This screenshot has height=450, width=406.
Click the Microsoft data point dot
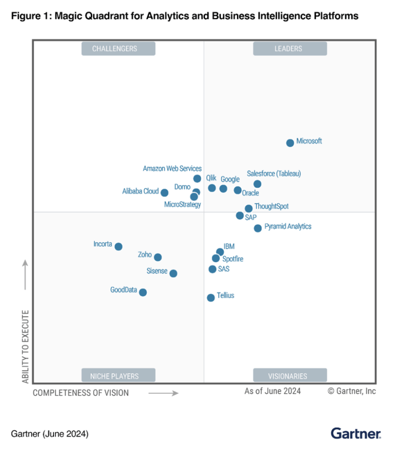pyautogui.click(x=290, y=143)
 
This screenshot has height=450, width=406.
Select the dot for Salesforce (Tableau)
pyautogui.click(x=257, y=184)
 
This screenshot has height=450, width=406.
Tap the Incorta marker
pyautogui.click(x=118, y=247)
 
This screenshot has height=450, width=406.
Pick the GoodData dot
pyautogui.click(x=143, y=292)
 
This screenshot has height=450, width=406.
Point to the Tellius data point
pyautogui.click(x=210, y=297)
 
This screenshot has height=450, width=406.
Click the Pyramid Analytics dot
pyautogui.click(x=258, y=228)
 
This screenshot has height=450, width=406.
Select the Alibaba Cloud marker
pyautogui.click(x=165, y=193)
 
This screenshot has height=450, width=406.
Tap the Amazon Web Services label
pyautogui.click(x=172, y=169)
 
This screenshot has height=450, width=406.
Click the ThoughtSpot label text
pyautogui.click(x=272, y=207)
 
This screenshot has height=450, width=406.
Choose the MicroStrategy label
pyautogui.click(x=183, y=204)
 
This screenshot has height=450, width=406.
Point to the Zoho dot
pyautogui.click(x=157, y=257)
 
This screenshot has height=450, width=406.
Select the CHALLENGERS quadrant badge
pyautogui.click(x=118, y=49)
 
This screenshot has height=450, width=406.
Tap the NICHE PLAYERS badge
pyautogui.click(x=118, y=376)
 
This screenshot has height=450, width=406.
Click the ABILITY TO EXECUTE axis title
pyautogui.click(x=26, y=346)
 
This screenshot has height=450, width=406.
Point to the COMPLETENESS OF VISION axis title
pyautogui.click(x=80, y=393)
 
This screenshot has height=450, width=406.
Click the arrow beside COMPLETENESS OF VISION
pyautogui.click(x=163, y=393)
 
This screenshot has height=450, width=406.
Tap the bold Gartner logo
pyautogui.click(x=356, y=433)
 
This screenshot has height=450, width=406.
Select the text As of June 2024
pyautogui.click(x=272, y=391)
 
